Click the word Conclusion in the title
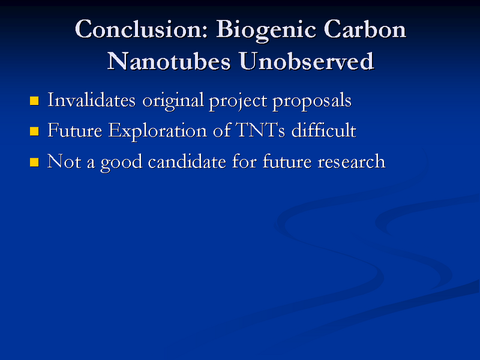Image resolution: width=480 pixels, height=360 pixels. (x=141, y=30)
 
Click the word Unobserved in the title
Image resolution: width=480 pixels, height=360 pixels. (x=306, y=61)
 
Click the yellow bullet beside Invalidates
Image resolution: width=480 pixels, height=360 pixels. (x=34, y=100)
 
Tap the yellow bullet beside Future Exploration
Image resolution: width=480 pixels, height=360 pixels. (x=34, y=131)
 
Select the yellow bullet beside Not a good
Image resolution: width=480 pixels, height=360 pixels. (x=34, y=161)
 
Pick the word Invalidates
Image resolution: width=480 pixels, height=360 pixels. (x=91, y=100)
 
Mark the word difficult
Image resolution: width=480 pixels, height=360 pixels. (x=324, y=130)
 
